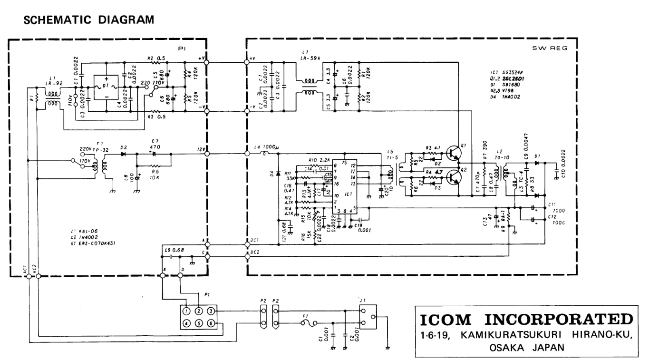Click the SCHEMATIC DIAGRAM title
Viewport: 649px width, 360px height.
(x=89, y=20)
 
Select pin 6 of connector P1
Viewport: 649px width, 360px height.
(x=211, y=323)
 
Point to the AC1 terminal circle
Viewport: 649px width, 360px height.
(x=29, y=276)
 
